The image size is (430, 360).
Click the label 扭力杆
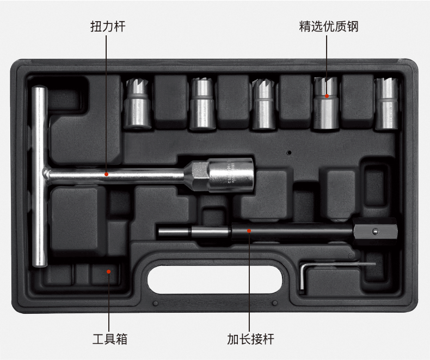[107, 26]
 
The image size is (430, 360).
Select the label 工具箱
[109, 340]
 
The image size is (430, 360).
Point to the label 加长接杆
[250, 340]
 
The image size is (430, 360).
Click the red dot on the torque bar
[107, 175]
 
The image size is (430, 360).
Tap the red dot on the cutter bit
[327, 96]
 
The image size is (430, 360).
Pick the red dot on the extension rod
[249, 231]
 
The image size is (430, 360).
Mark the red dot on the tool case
[109, 271]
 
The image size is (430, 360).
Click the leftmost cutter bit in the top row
[137, 103]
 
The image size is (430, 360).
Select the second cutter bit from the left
[202, 103]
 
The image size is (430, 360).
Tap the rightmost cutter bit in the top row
[387, 103]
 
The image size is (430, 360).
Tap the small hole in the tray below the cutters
[290, 153]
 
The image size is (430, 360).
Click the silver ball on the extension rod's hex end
[374, 232]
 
